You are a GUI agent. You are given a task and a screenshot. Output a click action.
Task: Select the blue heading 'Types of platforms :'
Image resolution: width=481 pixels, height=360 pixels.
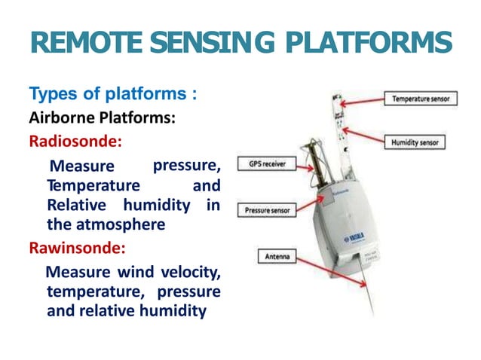(x=113, y=95)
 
